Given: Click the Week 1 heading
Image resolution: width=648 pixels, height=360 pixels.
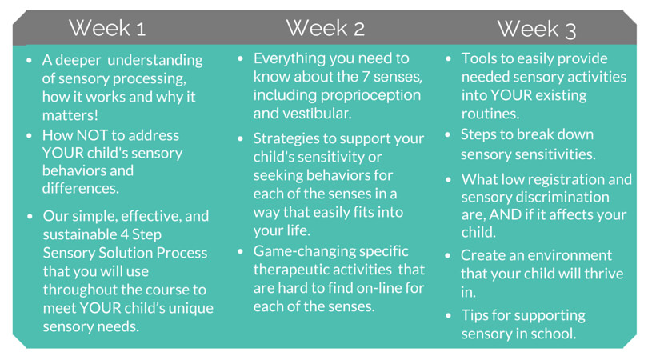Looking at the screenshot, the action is click(x=107, y=28).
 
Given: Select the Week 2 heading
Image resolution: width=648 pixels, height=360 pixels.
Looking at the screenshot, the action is click(x=326, y=28).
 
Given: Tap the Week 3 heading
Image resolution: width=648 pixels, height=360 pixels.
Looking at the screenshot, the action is click(x=537, y=29).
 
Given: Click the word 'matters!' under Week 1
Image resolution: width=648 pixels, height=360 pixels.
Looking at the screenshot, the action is click(x=70, y=115).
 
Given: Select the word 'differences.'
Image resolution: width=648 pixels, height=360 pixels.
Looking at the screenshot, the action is click(x=81, y=188).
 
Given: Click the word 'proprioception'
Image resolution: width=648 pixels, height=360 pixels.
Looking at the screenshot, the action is click(x=370, y=95).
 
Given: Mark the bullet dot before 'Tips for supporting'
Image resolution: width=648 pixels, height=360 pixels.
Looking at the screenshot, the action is click(x=448, y=316).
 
